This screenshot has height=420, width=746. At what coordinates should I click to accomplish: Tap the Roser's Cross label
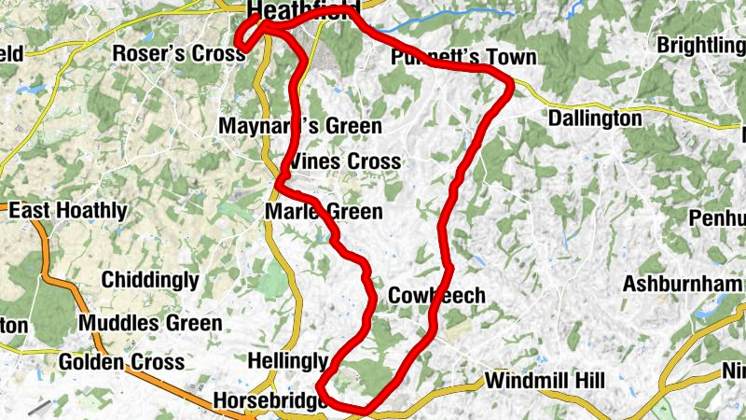click(x=178, y=53)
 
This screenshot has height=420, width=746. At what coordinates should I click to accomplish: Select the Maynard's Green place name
click(x=300, y=126)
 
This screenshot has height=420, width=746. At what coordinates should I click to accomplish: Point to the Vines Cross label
click(x=345, y=161)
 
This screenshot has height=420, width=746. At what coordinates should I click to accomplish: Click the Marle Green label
click(x=324, y=212)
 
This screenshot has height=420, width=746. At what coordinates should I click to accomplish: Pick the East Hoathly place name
click(x=67, y=211)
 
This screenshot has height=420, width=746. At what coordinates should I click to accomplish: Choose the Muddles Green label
click(x=150, y=324)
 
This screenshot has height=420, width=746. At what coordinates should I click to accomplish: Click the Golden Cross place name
click(x=116, y=362)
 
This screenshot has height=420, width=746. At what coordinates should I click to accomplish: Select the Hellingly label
click(x=289, y=361)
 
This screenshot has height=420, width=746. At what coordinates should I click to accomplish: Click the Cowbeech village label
click(x=436, y=296)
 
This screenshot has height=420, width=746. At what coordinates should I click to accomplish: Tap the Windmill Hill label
click(x=545, y=381)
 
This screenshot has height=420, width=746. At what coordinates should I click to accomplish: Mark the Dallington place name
click(x=595, y=119)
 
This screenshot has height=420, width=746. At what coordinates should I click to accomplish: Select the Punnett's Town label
click(x=463, y=58)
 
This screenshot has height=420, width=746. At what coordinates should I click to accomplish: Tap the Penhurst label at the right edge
click(x=718, y=218)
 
